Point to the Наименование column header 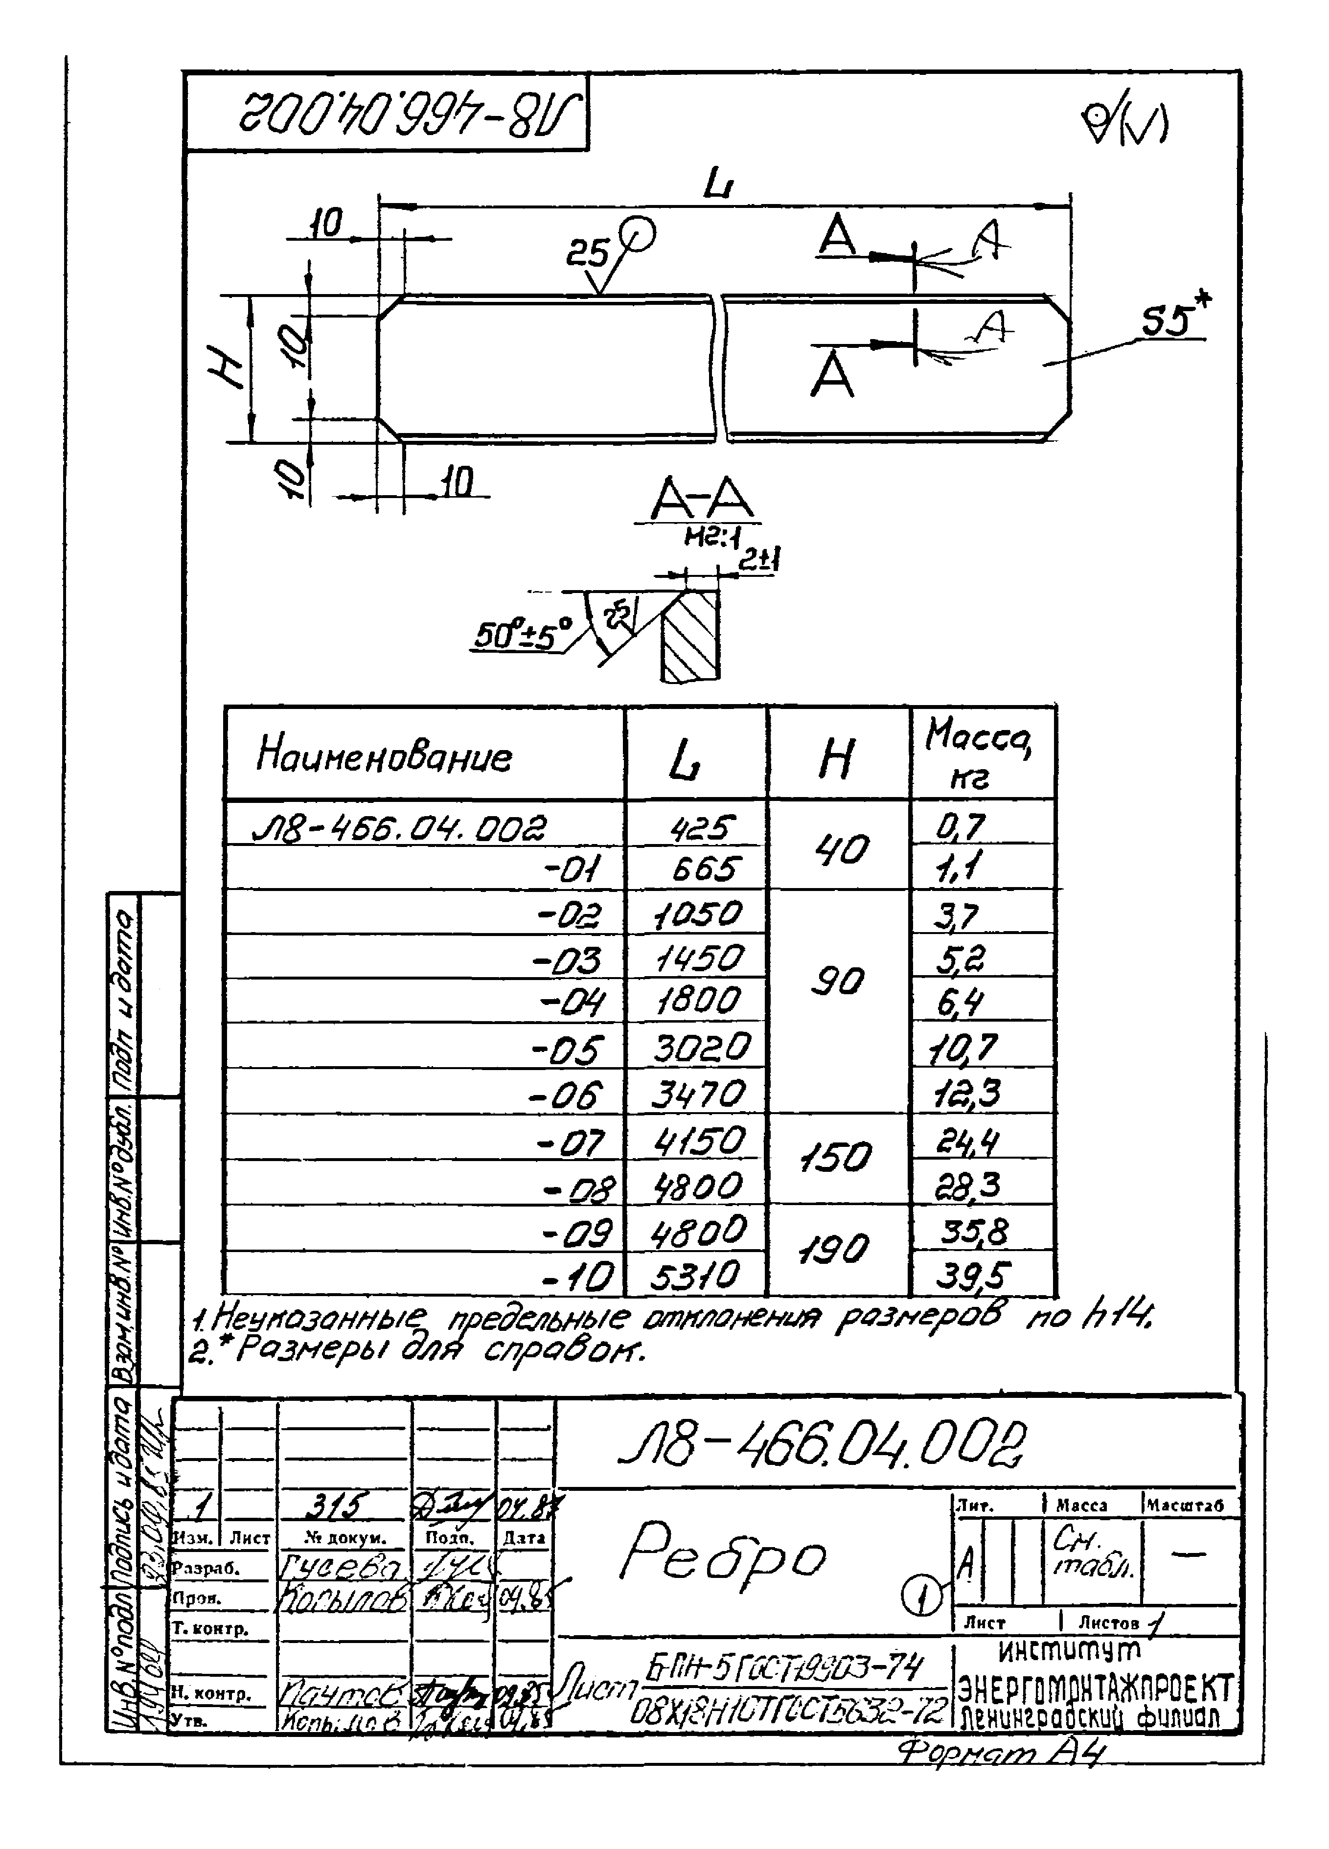pyautogui.click(x=384, y=756)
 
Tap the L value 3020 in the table pyautogui.click(x=700, y=1049)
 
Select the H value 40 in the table pyautogui.click(x=842, y=850)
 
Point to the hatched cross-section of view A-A pyautogui.click(x=690, y=636)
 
